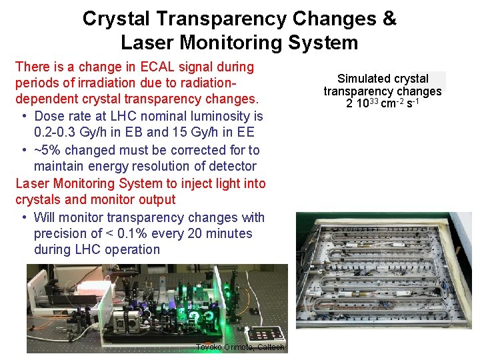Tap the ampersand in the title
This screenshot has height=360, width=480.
click(x=389, y=19)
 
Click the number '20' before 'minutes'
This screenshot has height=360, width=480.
click(x=184, y=233)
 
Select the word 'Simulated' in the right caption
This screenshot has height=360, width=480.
click(x=364, y=79)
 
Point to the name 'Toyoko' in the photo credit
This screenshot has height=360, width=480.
click(x=210, y=347)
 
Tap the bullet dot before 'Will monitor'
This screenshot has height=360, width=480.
click(x=24, y=217)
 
